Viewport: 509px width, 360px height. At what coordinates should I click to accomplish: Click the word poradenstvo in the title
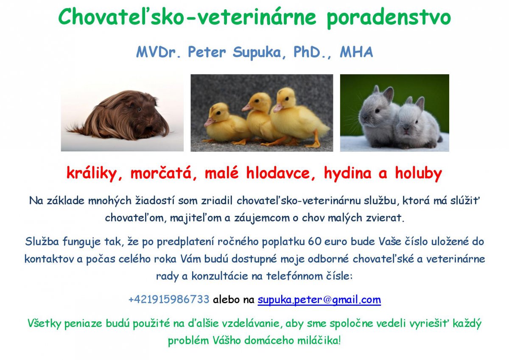click(389, 18)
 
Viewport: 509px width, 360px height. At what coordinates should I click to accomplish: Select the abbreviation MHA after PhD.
click(356, 52)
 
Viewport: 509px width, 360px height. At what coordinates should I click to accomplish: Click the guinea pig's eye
click(139, 110)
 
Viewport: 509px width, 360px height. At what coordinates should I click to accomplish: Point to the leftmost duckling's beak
click(208, 123)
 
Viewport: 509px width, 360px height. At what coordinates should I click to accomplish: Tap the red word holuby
click(418, 173)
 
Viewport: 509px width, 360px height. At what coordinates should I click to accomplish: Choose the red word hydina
click(347, 173)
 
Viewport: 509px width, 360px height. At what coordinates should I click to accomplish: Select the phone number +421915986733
click(169, 299)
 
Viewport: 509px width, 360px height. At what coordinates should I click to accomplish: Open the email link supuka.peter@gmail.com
click(319, 300)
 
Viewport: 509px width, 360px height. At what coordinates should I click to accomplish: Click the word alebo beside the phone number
click(226, 299)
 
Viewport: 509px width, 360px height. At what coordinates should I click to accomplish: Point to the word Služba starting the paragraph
click(42, 241)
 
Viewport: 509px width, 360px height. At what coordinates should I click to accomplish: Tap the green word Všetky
click(44, 324)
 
